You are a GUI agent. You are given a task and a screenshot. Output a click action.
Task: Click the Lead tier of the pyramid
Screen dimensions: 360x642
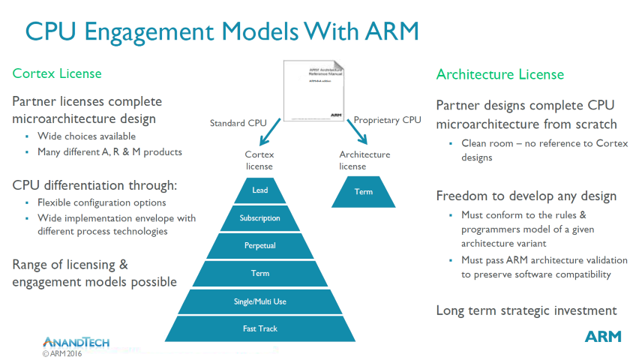[260, 190]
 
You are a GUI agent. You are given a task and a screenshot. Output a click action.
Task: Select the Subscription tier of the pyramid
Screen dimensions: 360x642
[260, 218]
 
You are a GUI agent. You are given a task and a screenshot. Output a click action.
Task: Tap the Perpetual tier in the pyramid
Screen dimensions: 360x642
[260, 245]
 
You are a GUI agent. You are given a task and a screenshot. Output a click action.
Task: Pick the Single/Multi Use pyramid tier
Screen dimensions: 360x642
[260, 301]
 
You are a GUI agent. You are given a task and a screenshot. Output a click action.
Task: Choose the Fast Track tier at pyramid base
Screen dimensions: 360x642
[260, 328]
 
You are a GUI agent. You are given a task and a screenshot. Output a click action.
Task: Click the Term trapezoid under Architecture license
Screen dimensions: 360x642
[363, 191]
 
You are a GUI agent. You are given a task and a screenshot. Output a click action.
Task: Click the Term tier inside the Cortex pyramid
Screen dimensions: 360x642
[260, 273]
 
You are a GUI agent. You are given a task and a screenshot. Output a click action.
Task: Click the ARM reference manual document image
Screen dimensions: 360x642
[313, 90]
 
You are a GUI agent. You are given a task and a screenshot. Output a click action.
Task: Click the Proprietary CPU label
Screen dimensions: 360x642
[388, 119]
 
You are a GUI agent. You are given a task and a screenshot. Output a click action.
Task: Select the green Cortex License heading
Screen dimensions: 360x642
[57, 73]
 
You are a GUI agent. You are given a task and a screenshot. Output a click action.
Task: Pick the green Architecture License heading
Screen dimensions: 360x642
[500, 74]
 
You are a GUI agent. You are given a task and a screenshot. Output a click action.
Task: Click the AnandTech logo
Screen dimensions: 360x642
[76, 342]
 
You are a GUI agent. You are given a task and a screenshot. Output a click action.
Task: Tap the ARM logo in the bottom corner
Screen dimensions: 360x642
[603, 336]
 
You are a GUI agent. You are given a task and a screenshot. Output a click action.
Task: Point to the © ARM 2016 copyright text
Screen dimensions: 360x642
[62, 353]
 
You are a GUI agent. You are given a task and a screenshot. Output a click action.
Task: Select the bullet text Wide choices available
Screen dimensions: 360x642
[86, 136]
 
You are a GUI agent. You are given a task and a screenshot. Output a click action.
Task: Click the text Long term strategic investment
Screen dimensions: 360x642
[526, 310]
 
